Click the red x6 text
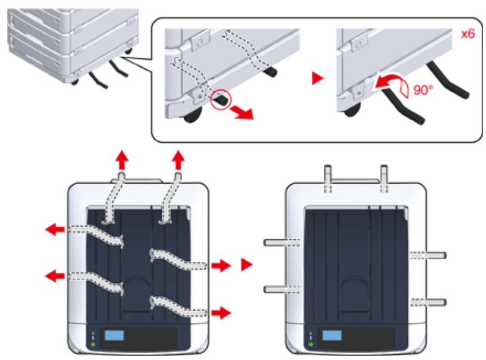(467, 34)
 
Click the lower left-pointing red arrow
(55, 276)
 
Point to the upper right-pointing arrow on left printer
(221, 265)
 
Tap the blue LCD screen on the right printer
(332, 336)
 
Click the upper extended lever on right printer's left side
(277, 243)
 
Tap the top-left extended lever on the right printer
(328, 173)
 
